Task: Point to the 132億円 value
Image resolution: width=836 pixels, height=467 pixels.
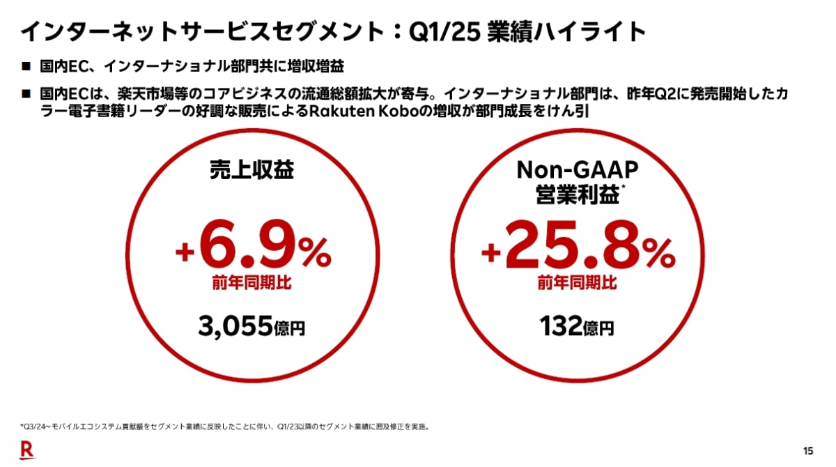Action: click(x=577, y=327)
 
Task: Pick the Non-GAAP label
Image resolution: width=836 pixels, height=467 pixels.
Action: click(x=577, y=169)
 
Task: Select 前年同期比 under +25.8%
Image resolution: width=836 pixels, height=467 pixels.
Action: click(x=577, y=284)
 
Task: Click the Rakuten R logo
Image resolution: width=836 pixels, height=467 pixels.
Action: click(x=27, y=450)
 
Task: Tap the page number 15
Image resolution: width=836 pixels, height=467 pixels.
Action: click(x=808, y=450)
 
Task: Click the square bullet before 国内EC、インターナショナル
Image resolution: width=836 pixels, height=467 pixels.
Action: click(x=26, y=67)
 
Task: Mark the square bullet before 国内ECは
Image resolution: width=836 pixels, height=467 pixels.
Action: click(x=26, y=93)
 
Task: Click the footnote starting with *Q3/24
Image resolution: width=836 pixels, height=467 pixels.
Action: click(x=223, y=425)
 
